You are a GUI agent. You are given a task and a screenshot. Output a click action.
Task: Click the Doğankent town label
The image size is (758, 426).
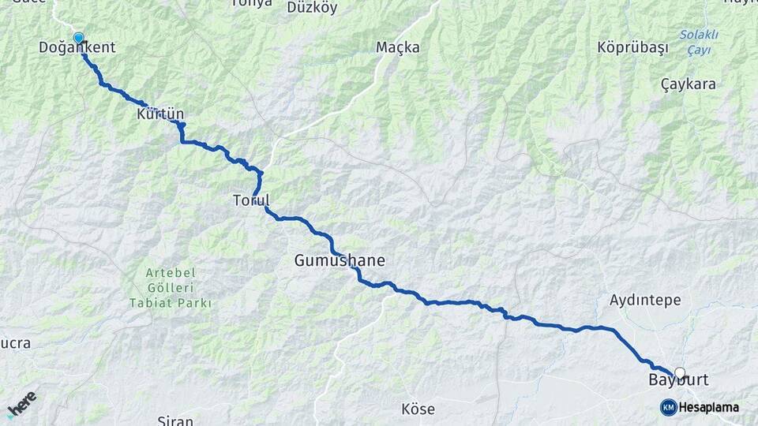pos(77,48)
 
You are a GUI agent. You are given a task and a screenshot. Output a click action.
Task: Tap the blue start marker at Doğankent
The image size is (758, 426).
pos(78,38)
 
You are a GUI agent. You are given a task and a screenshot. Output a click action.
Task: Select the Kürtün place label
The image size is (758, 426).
pos(160,114)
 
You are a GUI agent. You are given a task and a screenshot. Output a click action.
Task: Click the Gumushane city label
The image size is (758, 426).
pos(340,260)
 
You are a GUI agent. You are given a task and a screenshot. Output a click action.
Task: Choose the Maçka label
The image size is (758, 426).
pos(398,48)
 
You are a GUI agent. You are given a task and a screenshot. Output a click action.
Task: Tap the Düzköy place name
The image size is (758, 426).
pos(312,8)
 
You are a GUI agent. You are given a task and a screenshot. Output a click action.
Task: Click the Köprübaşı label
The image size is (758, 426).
pos(633,47)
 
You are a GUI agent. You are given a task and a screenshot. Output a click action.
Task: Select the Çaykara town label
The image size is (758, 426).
pos(688,84)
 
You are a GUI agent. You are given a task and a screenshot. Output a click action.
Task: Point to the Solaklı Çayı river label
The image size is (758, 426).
pos(699,43)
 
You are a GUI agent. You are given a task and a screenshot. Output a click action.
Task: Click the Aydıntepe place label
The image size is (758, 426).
pos(645,301)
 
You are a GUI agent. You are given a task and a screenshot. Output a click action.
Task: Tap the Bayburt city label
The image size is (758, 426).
pos(678,381)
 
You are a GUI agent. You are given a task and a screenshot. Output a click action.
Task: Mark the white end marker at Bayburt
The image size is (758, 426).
pos(680,372)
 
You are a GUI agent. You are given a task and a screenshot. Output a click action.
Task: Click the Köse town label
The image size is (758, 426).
pos(418,409)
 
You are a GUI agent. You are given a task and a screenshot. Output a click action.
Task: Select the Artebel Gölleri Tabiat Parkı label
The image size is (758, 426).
pos(171,288)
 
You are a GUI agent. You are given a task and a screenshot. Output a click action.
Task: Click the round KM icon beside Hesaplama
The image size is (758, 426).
pos(668,407)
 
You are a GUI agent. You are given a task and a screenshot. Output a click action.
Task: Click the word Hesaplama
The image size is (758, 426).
pos(709,407)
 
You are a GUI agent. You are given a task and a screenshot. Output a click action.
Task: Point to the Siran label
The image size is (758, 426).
pos(175,420)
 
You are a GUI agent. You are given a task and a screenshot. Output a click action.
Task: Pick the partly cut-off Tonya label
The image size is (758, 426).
pos(251,3)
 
